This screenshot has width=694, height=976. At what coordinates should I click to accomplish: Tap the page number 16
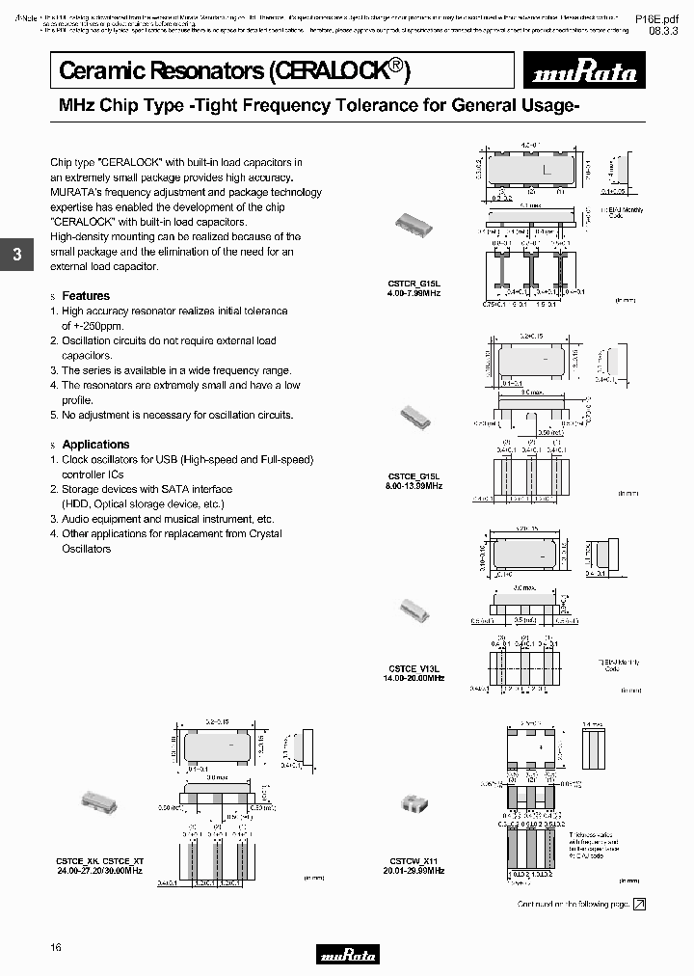pyautogui.click(x=56, y=948)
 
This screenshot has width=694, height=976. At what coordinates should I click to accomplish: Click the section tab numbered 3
pyautogui.click(x=16, y=256)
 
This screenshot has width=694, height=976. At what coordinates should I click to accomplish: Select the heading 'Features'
pyautogui.click(x=86, y=296)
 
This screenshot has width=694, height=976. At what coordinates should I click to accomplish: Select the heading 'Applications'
pyautogui.click(x=95, y=445)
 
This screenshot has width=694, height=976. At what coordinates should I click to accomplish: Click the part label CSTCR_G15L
pyautogui.click(x=414, y=284)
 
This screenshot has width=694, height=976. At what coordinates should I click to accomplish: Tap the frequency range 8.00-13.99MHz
pyautogui.click(x=414, y=486)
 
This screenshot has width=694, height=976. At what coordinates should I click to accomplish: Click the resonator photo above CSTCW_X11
pyautogui.click(x=415, y=802)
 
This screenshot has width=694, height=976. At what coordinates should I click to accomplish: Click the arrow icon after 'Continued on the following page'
pyautogui.click(x=638, y=904)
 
